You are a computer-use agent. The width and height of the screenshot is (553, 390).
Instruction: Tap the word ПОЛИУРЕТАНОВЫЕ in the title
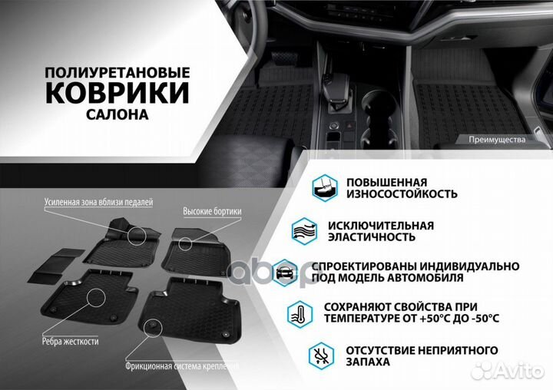pyautogui.click(x=118, y=71)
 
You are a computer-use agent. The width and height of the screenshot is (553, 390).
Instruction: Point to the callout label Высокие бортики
pyautogui.click(x=212, y=210)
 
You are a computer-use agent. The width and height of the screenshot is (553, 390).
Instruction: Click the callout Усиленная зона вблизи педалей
pyautogui.click(x=98, y=202)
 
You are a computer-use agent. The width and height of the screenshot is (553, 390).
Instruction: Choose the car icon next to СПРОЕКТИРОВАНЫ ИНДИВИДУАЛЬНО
pyautogui.click(x=285, y=272)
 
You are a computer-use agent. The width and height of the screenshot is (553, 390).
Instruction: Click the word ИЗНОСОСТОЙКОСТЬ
pyautogui.click(x=402, y=194)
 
